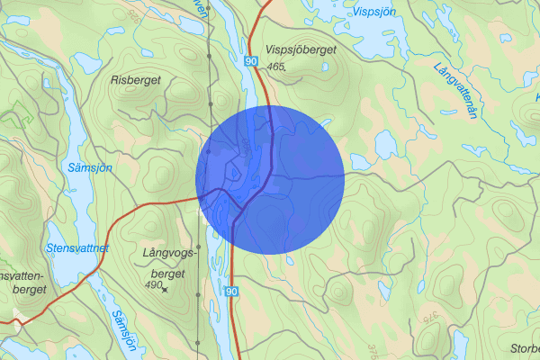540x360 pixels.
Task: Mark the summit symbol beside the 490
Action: click(x=166, y=288)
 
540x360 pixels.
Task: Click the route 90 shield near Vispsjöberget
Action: click(x=249, y=59)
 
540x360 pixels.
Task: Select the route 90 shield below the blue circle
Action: click(x=231, y=292)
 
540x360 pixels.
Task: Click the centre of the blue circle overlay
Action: click(x=270, y=179)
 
